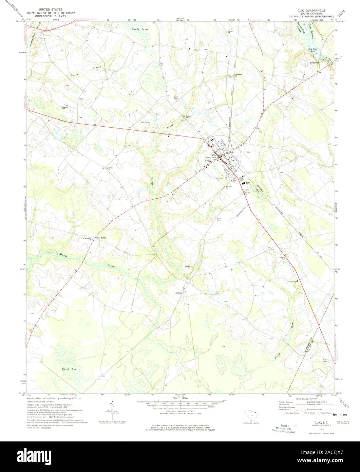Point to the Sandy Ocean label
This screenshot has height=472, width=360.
click(140, 30)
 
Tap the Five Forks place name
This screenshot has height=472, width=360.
click(101, 238)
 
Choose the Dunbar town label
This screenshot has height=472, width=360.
click(179, 293)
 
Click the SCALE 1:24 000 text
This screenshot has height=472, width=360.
click(180, 398)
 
